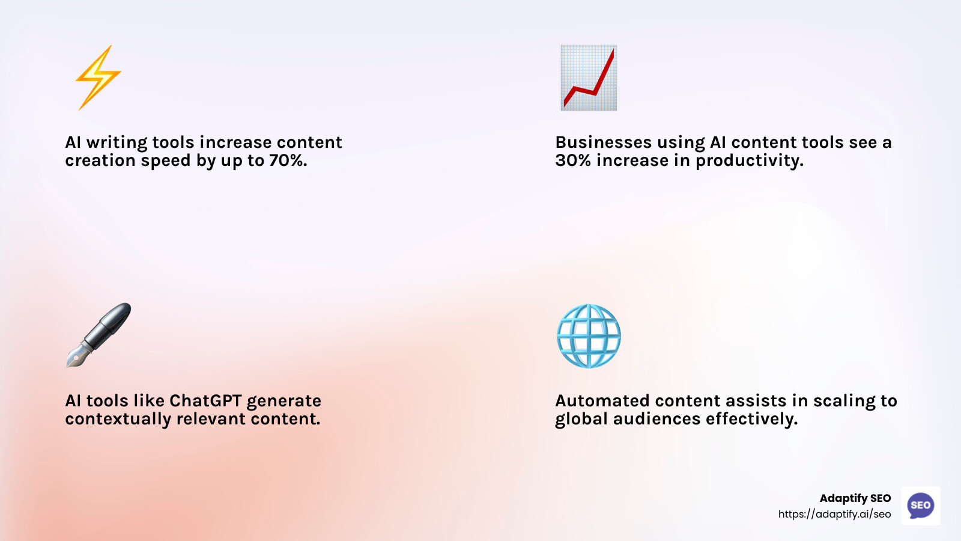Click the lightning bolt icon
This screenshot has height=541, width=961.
coord(98,78)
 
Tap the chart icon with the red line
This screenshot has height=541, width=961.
coord(589,78)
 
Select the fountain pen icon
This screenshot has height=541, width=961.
coord(99,335)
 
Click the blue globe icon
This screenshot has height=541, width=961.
coord(589,336)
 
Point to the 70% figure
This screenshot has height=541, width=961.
coord(288,160)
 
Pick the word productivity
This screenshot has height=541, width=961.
coord(749,161)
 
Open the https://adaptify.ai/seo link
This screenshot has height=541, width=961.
coord(834,514)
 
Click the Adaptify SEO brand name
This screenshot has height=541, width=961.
coord(855,498)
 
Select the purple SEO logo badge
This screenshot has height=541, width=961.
coord(921,506)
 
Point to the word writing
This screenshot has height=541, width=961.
coord(117,143)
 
